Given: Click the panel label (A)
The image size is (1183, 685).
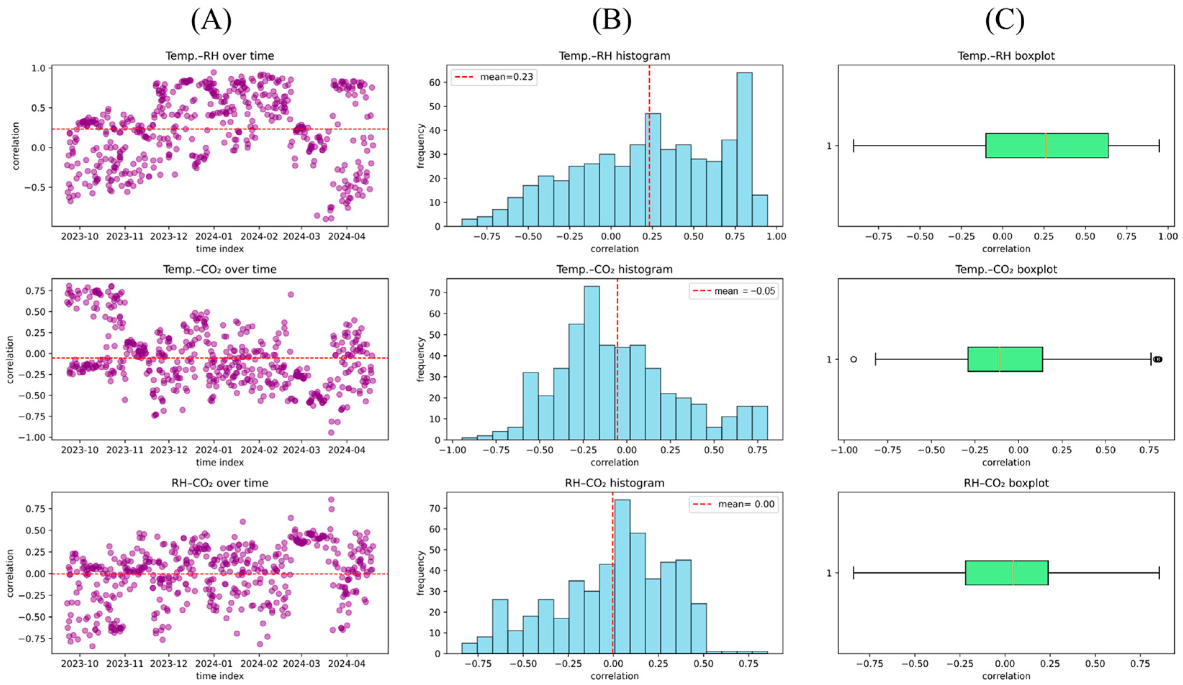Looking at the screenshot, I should coord(211,21).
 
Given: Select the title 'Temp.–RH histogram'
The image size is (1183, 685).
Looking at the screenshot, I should coord(614,56).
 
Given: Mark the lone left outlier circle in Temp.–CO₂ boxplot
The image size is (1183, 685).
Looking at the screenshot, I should coord(853,359).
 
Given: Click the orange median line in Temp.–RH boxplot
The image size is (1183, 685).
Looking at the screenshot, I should coord(1046,145).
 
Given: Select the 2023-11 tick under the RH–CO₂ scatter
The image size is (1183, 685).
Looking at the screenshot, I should coord(125,664).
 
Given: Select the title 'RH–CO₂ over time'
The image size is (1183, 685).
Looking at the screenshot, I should coord(220,483).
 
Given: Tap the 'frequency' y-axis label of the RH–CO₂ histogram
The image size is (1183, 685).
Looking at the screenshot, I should coord(420,573).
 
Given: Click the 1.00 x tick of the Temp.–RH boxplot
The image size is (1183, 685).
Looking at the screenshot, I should coord(1168,236).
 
